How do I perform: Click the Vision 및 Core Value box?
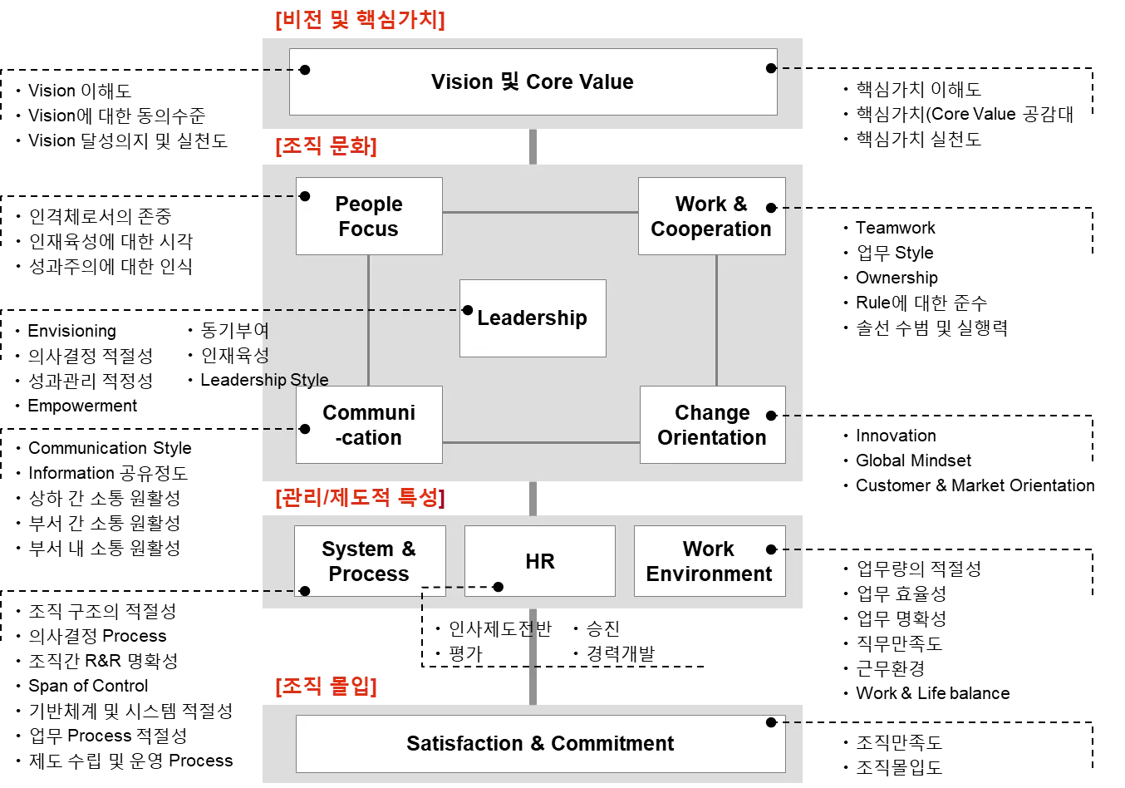[x=533, y=81]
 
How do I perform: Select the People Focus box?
[x=369, y=216]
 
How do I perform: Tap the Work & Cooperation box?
[x=711, y=216]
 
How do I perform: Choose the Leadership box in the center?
[x=533, y=318]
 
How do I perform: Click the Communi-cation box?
[x=369, y=425]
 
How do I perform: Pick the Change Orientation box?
[x=712, y=425]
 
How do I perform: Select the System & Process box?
[x=369, y=561]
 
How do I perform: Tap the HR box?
[x=540, y=561]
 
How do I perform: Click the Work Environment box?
[x=709, y=561]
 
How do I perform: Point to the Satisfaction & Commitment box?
[x=540, y=743]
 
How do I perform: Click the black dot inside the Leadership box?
[x=468, y=310]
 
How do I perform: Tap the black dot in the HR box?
[x=499, y=587]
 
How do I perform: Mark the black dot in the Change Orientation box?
[x=771, y=416]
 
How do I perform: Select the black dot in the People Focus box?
[x=305, y=196]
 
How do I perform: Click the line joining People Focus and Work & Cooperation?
[x=540, y=213]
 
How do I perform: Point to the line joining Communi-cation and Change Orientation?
[x=540, y=442]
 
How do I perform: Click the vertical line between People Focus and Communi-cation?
[x=368, y=320]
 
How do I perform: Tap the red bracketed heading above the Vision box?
[x=359, y=21]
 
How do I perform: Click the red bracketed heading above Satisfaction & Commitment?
[x=326, y=687]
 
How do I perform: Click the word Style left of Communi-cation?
[x=309, y=380]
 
